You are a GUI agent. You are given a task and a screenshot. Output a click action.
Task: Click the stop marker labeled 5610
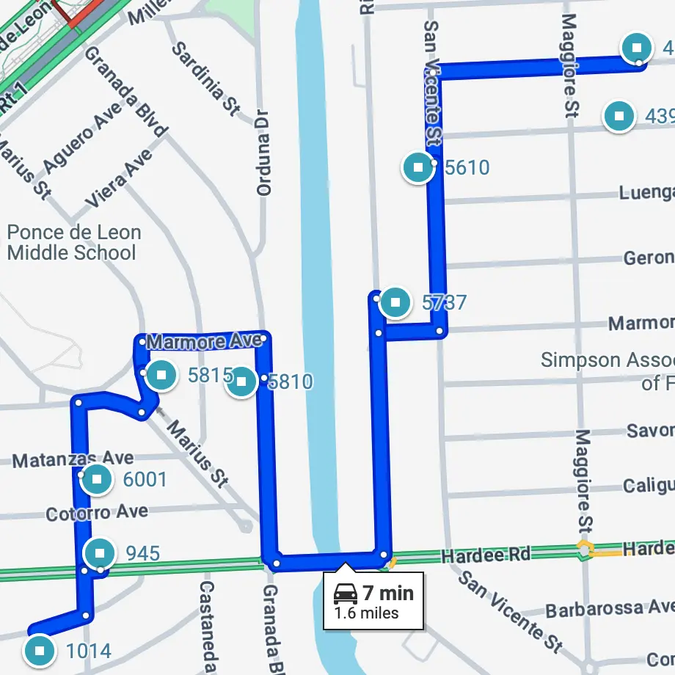pyautogui.click(x=418, y=167)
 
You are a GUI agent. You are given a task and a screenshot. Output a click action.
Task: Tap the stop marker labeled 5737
pyautogui.click(x=396, y=302)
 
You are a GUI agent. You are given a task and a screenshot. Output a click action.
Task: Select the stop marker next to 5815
pyautogui.click(x=162, y=376)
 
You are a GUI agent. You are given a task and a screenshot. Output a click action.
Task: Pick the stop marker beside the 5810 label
pyautogui.click(x=241, y=382)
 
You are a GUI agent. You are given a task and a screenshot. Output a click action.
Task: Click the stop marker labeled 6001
pyautogui.click(x=97, y=480)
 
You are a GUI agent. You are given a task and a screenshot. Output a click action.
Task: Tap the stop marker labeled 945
pyautogui.click(x=100, y=552)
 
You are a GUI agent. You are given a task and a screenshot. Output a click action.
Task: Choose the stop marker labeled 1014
pyautogui.click(x=40, y=650)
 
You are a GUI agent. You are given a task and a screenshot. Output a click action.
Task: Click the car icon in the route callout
pyautogui.click(x=346, y=594)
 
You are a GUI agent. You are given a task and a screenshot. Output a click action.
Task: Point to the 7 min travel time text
pyautogui.click(x=388, y=593)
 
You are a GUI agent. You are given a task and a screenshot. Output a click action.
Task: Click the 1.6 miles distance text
pyautogui.click(x=367, y=613)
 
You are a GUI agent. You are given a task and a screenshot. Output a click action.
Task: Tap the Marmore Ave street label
pyautogui.click(x=204, y=342)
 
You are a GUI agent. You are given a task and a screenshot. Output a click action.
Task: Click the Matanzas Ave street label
pyautogui.click(x=73, y=460)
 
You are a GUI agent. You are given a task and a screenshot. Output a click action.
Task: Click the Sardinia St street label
pyautogui.click(x=206, y=79)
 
